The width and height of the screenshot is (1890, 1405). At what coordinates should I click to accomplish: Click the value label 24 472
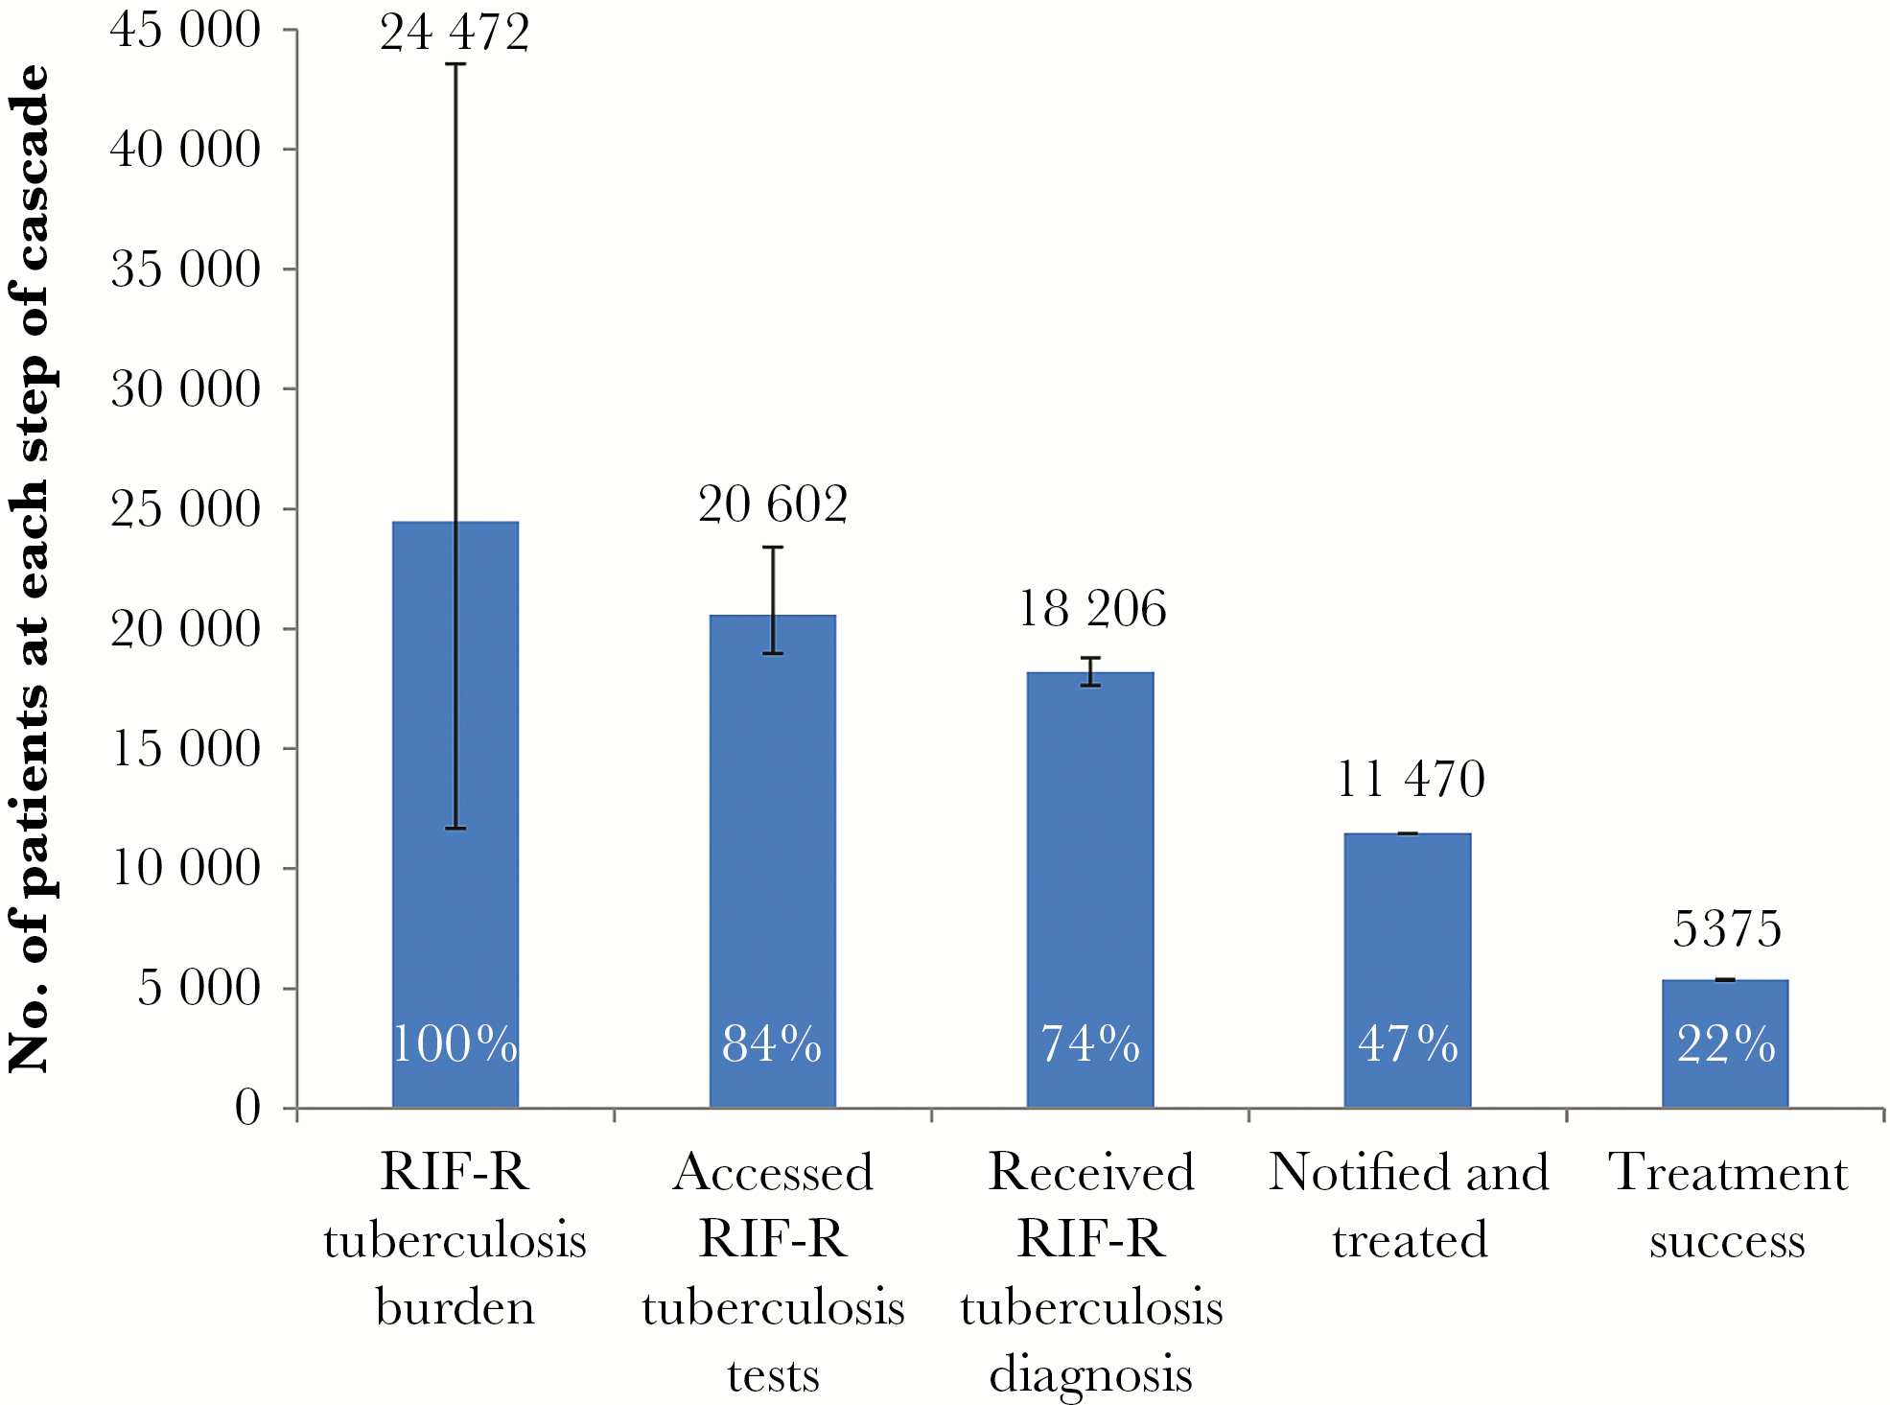tap(455, 33)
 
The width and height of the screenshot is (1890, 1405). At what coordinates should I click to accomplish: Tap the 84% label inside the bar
tap(772, 1043)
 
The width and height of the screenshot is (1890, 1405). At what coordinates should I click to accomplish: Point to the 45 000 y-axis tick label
tap(185, 31)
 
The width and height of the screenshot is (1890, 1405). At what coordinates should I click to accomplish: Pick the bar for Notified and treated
tap(1407, 969)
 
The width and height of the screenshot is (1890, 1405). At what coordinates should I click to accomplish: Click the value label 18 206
tap(1091, 609)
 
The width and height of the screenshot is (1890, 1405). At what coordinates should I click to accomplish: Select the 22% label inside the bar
tap(1726, 1043)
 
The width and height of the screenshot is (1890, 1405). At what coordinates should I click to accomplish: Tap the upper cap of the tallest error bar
tap(455, 64)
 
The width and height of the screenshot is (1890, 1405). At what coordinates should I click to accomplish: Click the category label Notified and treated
tap(1409, 1206)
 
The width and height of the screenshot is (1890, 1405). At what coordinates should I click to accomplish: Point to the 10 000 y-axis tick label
tap(185, 868)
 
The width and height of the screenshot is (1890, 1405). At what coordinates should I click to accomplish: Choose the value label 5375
tap(1726, 929)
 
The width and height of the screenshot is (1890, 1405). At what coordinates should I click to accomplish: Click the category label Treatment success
tap(1727, 1206)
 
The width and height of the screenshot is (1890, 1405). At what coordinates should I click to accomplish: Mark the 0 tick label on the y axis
tap(247, 1108)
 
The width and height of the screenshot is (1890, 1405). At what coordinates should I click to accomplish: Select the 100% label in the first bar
tap(455, 1043)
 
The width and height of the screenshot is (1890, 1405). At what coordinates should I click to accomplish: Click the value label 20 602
tap(773, 504)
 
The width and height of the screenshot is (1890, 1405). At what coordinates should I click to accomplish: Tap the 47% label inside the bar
tap(1408, 1043)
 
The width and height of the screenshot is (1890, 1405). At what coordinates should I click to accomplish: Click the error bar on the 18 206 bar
tap(1090, 671)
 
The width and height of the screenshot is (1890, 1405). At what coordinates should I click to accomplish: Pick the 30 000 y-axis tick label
tap(185, 389)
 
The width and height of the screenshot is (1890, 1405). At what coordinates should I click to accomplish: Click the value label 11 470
tap(1410, 779)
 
